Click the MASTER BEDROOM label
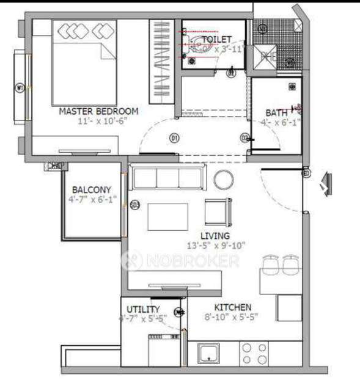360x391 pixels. [98, 111]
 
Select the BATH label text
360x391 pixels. [276, 112]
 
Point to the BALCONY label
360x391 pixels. [91, 189]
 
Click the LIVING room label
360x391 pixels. [216, 235]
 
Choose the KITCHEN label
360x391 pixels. [232, 307]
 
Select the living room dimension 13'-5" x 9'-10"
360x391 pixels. [216, 246]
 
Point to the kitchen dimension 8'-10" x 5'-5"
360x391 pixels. [232, 318]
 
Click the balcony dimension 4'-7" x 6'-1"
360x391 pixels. [91, 199]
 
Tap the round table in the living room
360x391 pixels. [224, 180]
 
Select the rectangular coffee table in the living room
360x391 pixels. [168, 216]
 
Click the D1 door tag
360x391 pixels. [174, 139]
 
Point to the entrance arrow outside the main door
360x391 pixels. [326, 183]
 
